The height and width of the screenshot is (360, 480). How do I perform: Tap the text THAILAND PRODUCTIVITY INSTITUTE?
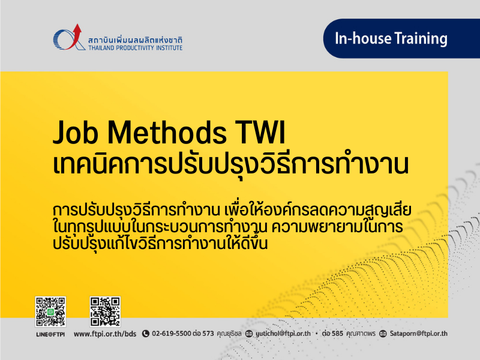(136, 48)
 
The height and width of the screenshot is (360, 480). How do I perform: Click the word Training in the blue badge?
(421, 39)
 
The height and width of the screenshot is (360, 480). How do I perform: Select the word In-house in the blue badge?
(363, 38)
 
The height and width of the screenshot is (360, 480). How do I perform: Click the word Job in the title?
(76, 132)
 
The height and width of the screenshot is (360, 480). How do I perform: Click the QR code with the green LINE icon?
(50, 311)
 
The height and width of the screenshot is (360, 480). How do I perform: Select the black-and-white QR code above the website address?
(105, 311)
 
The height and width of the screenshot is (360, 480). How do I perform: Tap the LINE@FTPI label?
(50, 334)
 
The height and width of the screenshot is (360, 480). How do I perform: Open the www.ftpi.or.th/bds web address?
(105, 334)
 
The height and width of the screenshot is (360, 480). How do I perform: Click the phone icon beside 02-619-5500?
(146, 334)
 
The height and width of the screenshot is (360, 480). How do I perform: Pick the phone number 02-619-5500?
(172, 334)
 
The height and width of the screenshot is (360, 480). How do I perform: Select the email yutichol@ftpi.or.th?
(283, 334)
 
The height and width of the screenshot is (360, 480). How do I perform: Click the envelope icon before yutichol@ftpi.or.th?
(249, 334)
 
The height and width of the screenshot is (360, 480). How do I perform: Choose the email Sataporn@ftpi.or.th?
(418, 334)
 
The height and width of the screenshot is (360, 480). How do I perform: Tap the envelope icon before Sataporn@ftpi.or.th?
(383, 334)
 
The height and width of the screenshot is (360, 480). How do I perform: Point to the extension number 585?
(337, 334)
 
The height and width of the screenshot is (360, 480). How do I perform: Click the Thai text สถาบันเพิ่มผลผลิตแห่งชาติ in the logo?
(136, 40)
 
